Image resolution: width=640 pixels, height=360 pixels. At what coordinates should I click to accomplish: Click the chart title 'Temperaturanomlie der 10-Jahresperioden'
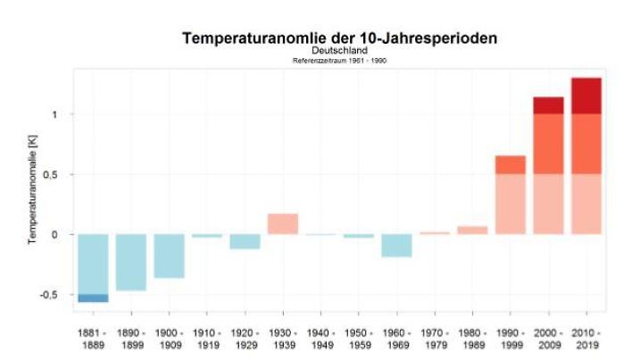[339, 38]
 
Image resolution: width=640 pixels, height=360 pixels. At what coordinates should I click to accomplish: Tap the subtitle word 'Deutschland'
[339, 51]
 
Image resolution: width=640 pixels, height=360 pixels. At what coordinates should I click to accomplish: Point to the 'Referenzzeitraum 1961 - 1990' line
[339, 61]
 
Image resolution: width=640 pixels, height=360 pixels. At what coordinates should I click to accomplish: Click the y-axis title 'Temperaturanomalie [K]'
[33, 191]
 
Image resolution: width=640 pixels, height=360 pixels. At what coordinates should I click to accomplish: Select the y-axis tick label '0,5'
[56, 175]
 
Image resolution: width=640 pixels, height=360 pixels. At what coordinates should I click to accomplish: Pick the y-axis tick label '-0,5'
[54, 295]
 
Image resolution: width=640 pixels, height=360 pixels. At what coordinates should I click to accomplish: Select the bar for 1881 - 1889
[93, 264]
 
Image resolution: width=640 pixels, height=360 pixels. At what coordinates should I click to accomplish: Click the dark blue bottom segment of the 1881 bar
[93, 298]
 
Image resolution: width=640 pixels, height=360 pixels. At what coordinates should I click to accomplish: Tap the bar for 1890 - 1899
[130, 262]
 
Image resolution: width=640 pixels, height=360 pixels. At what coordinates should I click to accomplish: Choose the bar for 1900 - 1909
[169, 256]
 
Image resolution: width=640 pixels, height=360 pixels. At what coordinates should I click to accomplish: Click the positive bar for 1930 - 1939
[283, 224]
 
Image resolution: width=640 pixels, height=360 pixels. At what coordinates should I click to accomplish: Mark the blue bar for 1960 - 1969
[396, 246]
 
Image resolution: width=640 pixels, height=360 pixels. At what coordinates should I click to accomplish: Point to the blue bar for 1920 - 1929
[245, 241]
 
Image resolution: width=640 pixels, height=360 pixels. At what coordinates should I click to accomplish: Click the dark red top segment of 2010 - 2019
[586, 96]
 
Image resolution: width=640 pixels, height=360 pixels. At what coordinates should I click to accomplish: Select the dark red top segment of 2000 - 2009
[548, 105]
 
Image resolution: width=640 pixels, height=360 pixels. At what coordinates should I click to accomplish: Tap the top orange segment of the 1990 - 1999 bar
[510, 164]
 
